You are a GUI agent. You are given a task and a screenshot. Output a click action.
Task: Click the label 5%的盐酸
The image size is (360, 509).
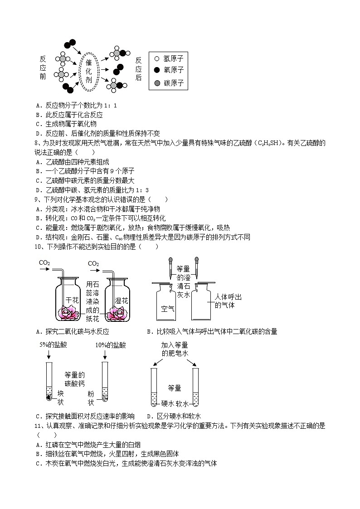pyautogui.click(x=53, y=345)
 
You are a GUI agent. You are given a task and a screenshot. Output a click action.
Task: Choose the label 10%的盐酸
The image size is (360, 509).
pyautogui.click(x=110, y=345)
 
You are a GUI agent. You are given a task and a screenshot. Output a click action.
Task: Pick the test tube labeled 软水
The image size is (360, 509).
pyautogui.click(x=195, y=388)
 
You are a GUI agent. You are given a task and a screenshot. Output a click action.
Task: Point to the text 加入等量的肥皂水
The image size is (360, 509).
pyautogui.click(x=174, y=349)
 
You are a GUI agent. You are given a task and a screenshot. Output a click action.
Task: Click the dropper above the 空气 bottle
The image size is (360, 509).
pyautogui.click(x=169, y=269)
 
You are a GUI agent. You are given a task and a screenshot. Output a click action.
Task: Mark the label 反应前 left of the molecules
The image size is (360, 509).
pyautogui.click(x=43, y=68)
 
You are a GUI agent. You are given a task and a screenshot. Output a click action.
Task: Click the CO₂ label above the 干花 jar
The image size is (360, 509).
pyautogui.click(x=44, y=263)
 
